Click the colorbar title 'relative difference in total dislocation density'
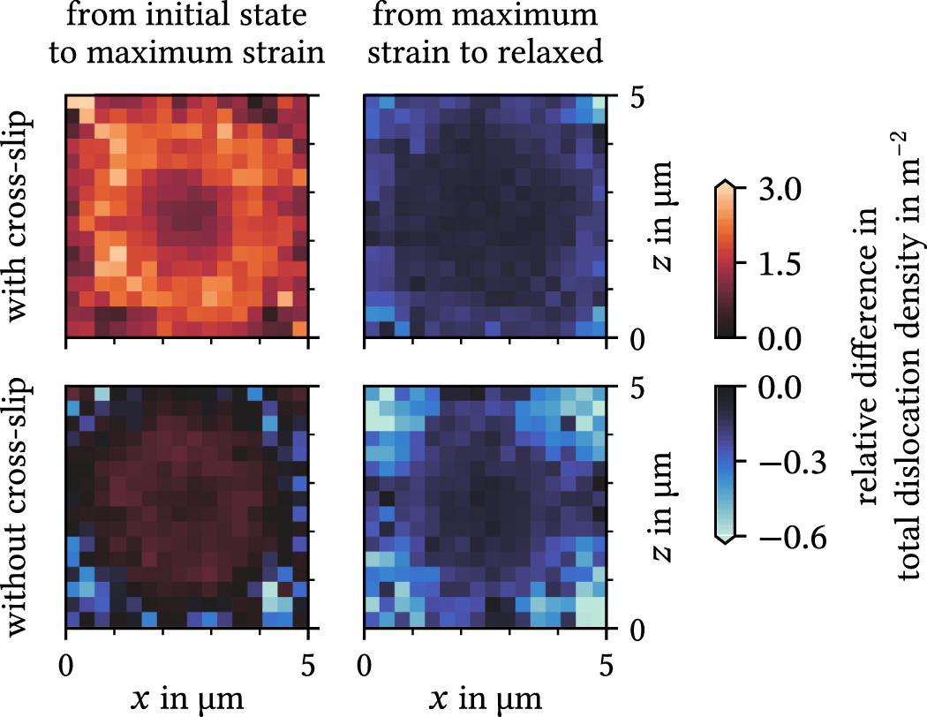click(887, 363)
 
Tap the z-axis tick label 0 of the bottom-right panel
click(637, 629)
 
